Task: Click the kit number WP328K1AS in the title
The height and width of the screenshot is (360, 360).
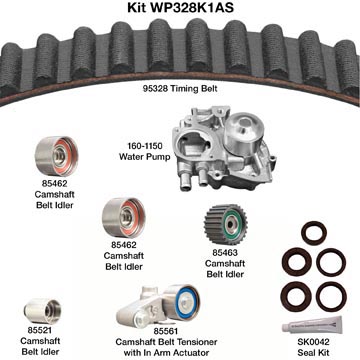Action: [191, 7]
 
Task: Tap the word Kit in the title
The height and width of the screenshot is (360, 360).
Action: [137, 7]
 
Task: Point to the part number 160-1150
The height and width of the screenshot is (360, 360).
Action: [145, 146]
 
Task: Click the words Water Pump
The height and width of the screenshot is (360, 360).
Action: [145, 157]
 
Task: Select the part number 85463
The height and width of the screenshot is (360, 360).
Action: [225, 253]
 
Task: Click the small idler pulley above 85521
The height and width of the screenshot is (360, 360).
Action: [42, 311]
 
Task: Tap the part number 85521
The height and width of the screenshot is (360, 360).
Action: [40, 330]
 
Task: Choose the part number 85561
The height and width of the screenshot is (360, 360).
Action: [166, 331]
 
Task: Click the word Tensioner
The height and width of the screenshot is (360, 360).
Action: [194, 342]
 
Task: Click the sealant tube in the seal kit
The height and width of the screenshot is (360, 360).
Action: [311, 324]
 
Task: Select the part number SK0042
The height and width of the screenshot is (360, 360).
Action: [313, 342]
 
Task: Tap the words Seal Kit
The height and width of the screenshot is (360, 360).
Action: [314, 352]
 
